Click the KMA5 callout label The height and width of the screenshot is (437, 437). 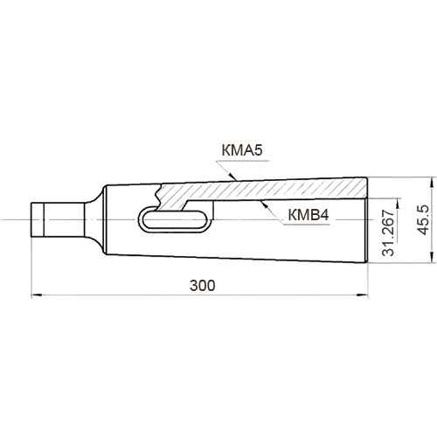coord(242,150)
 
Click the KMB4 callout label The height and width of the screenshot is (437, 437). coord(309,215)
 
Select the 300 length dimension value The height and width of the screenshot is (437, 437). coord(203,286)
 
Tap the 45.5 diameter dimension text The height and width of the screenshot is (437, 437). coord(423,219)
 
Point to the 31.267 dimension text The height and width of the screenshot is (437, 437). coord(388,232)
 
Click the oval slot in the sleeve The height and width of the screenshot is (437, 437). coord(174,219)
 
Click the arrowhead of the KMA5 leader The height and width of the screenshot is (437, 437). coord(232,176)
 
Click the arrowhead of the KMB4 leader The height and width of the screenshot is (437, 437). coord(264,205)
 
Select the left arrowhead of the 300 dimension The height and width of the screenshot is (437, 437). coord(35,295)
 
